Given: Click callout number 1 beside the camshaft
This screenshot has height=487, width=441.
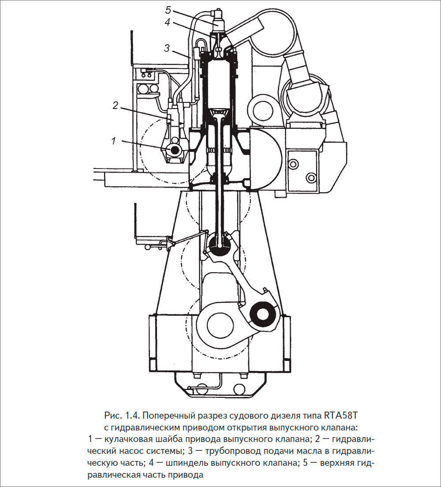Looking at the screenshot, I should [114, 141].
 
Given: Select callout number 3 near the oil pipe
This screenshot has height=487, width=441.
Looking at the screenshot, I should [167, 48].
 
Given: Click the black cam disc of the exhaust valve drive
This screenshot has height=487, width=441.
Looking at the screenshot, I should [175, 150].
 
